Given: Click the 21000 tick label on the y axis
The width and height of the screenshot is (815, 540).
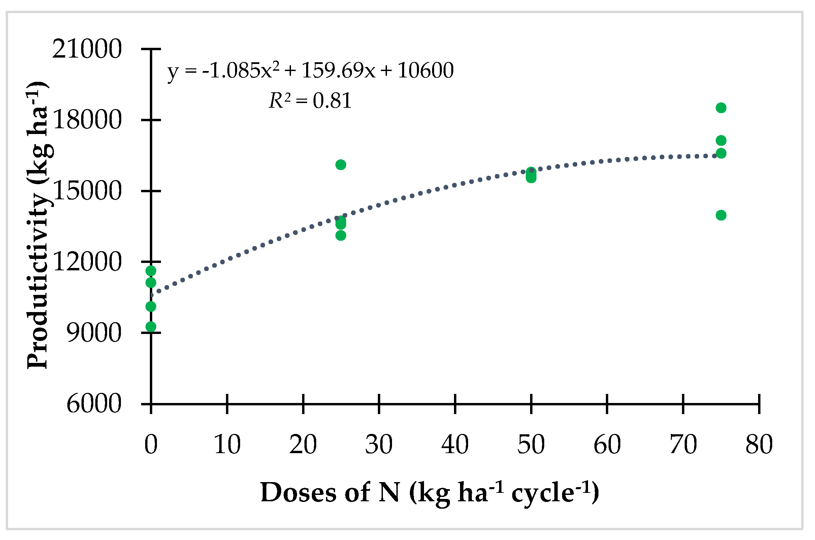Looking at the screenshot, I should [x=87, y=49].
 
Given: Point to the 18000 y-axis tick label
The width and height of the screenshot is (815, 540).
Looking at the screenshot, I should [x=87, y=120].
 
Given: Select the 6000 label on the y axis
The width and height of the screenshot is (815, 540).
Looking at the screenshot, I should [x=94, y=404].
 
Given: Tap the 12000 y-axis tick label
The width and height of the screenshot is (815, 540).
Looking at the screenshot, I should [x=87, y=262].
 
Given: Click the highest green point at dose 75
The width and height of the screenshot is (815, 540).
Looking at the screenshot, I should [x=721, y=108].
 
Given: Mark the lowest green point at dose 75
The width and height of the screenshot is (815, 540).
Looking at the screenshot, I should [x=721, y=215].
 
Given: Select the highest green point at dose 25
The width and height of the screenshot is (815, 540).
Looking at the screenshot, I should [x=341, y=165].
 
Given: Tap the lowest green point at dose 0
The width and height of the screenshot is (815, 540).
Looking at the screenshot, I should [x=151, y=327].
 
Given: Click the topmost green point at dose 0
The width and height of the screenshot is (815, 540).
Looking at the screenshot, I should [x=151, y=271].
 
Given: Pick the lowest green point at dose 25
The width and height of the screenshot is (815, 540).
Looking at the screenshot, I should [x=341, y=236].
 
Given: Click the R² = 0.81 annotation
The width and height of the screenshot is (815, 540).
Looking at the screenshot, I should [x=310, y=101].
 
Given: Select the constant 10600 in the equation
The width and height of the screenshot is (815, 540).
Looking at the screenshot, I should [x=425, y=71].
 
